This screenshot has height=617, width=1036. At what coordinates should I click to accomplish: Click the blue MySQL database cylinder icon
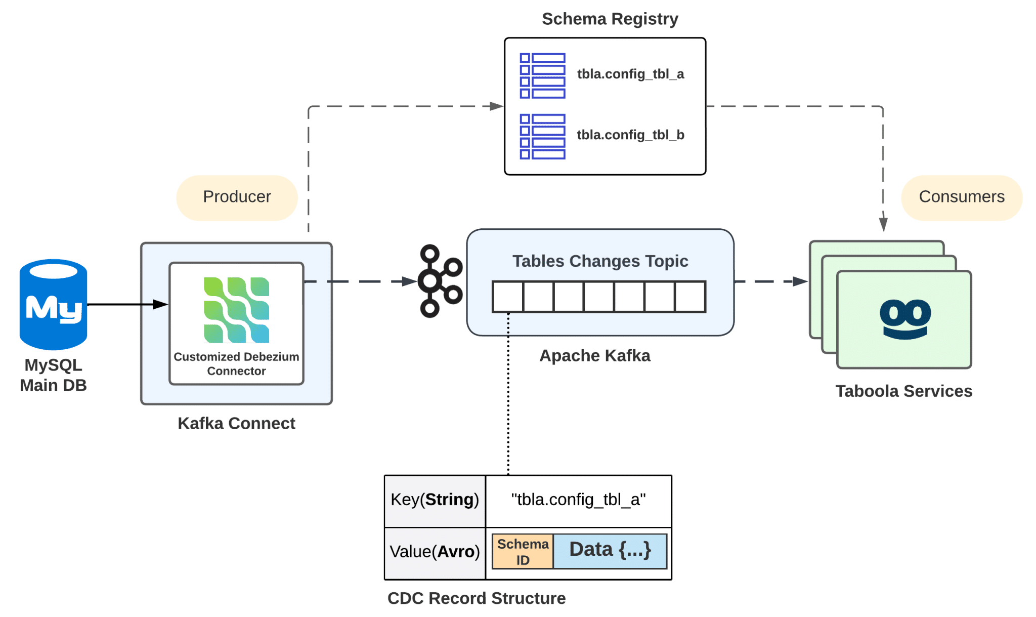[53, 304]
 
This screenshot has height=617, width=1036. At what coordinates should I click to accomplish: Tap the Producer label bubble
[237, 197]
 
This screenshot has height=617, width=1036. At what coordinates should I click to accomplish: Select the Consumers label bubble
[961, 197]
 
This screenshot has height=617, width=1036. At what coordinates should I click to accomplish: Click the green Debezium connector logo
[236, 310]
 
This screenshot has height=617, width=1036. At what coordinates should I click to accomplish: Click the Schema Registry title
[610, 19]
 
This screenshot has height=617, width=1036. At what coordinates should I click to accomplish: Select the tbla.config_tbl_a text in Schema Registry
[630, 74]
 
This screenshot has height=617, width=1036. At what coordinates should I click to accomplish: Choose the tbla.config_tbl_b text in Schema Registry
[630, 135]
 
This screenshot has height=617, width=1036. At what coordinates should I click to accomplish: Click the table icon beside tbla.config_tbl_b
[542, 137]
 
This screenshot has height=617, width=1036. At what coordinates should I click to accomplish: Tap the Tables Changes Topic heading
[600, 261]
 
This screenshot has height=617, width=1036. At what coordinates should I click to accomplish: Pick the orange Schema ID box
[523, 552]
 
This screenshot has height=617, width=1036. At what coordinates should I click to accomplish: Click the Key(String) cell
[435, 500]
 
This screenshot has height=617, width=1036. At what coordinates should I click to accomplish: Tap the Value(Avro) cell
[435, 552]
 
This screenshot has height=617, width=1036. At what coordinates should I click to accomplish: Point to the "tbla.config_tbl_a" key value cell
[578, 500]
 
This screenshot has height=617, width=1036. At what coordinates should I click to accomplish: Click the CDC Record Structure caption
[476, 598]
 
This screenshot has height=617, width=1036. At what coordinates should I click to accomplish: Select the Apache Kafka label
[594, 356]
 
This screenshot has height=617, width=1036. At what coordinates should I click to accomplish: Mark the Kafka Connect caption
[236, 423]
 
